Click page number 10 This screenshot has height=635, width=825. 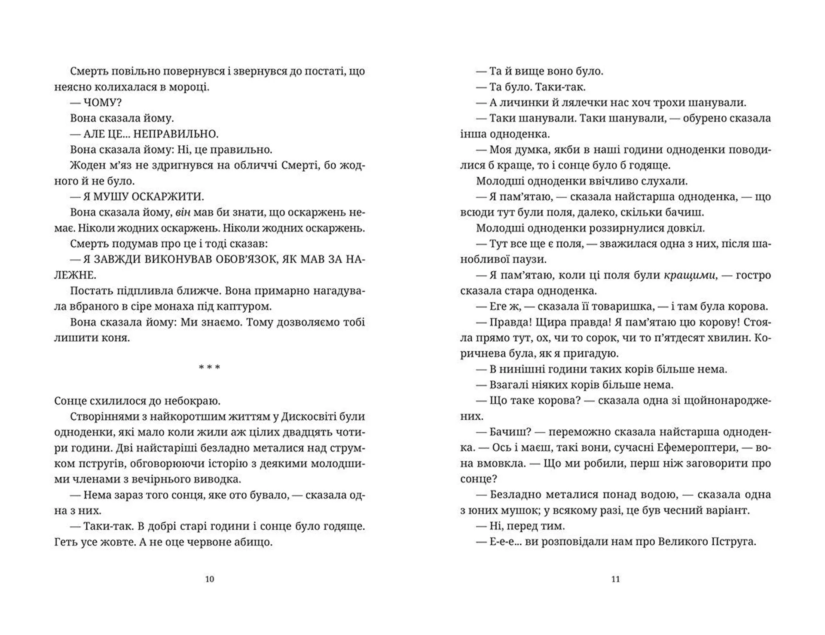[x=209, y=579]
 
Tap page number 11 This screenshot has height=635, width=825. [x=615, y=579]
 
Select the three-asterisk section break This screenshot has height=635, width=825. [x=209, y=368]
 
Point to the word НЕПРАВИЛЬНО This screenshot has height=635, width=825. [x=176, y=134]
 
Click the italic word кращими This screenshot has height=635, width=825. [x=689, y=275]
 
